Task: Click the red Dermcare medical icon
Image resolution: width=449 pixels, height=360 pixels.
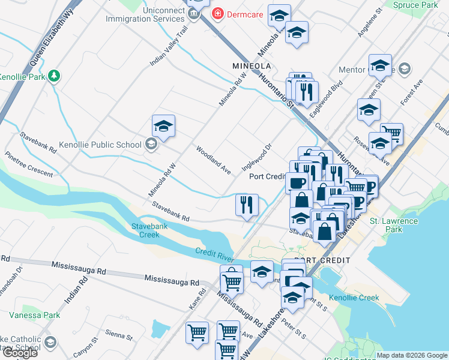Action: (x=217, y=14)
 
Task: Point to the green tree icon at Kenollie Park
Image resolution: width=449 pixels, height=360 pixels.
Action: (x=54, y=76)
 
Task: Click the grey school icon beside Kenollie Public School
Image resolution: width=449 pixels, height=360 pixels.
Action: (x=151, y=144)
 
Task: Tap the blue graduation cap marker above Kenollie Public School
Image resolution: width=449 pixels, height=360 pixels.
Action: (x=163, y=127)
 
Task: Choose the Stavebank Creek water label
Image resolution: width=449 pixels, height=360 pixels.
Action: (x=145, y=230)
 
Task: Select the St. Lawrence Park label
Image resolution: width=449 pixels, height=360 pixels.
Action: (x=394, y=225)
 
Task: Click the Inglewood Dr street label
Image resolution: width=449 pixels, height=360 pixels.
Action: (x=257, y=155)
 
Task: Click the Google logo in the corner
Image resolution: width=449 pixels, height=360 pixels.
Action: (x=19, y=353)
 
